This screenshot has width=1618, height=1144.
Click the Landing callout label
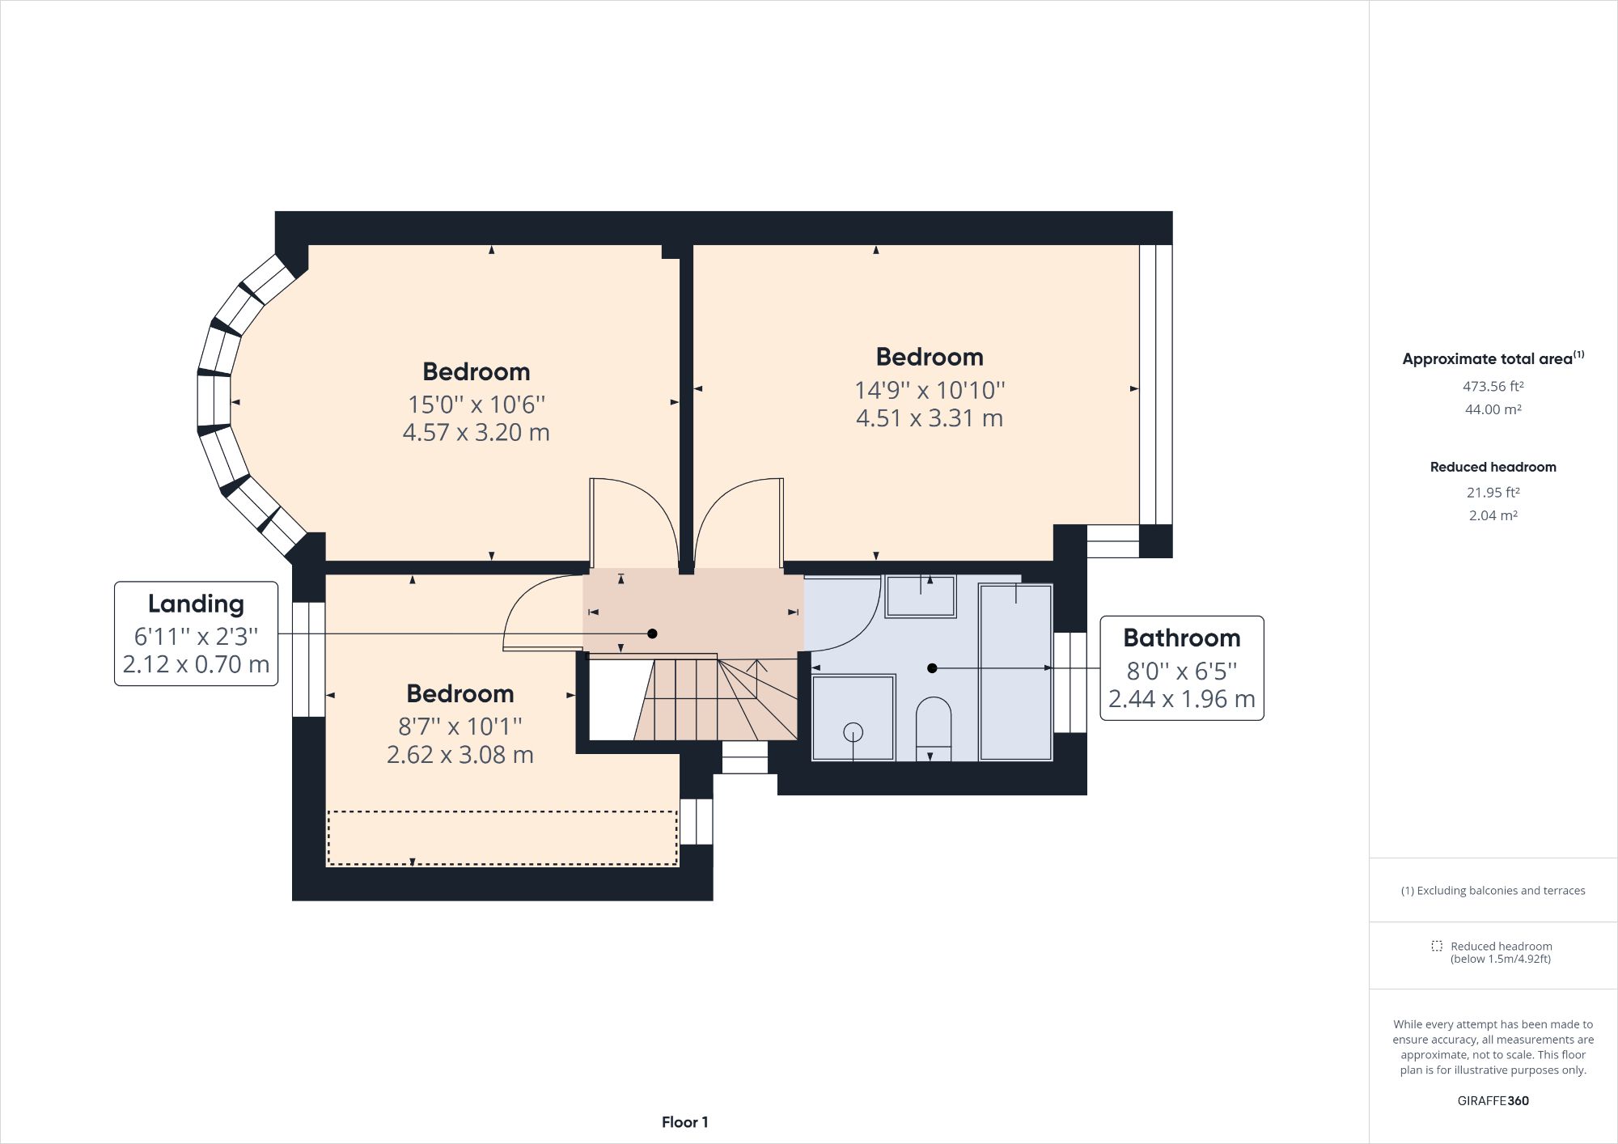point(196,604)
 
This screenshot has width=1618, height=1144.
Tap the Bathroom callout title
point(1181,638)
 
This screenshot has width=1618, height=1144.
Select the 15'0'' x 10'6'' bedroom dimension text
point(476,404)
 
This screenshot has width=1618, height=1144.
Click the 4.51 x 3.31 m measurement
point(930,418)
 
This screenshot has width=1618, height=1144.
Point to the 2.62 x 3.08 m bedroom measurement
point(460,755)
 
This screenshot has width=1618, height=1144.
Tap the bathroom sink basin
point(921,596)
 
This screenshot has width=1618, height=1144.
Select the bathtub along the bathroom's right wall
point(1015,672)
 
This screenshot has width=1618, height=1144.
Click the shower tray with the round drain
point(853,718)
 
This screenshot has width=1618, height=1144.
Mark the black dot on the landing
point(652,633)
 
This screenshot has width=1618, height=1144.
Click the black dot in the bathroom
point(932,668)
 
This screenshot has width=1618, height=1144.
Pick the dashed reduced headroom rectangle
point(502,838)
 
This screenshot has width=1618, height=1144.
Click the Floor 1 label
point(684,1122)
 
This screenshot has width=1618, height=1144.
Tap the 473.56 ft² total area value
point(1493,387)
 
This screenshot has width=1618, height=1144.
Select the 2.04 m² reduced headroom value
point(1493,515)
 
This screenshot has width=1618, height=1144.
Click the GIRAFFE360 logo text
point(1493,1100)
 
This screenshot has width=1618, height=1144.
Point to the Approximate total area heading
point(1493,359)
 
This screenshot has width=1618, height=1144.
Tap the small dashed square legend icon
point(1436,946)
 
